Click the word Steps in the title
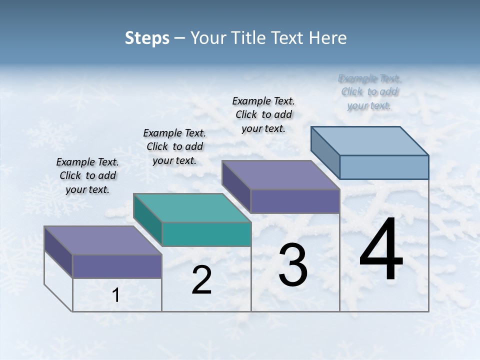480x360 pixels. (147, 38)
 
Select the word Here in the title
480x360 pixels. (327, 38)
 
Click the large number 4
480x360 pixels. (381, 250)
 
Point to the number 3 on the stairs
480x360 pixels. (293, 265)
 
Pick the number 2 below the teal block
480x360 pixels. (201, 280)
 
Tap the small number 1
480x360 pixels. (116, 295)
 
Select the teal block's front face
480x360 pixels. (206, 234)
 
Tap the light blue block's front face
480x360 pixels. (384, 167)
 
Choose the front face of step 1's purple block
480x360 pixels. (117, 266)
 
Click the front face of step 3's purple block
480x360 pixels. (295, 201)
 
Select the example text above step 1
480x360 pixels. (87, 175)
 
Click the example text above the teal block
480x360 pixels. (174, 146)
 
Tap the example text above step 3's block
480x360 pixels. (263, 114)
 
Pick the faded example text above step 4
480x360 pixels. (369, 92)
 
